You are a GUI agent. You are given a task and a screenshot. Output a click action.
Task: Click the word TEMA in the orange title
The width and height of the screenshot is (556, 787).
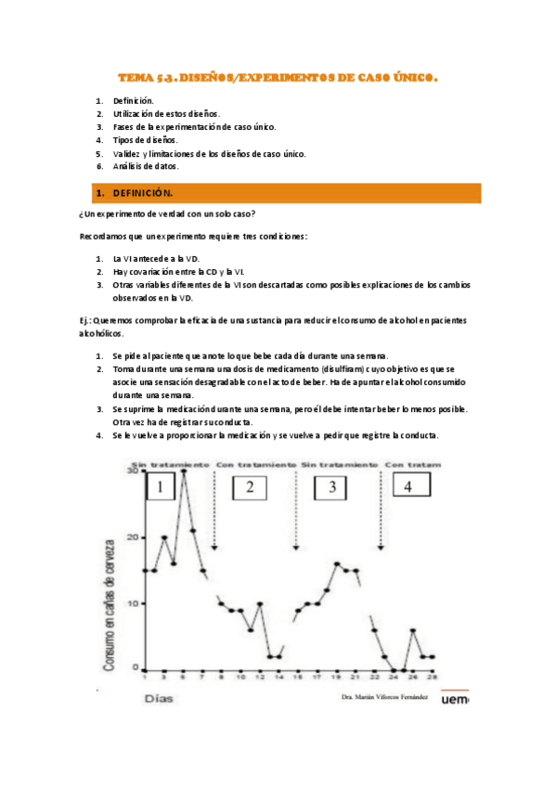136,80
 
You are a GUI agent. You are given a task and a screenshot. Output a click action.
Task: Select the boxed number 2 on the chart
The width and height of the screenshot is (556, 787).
249,488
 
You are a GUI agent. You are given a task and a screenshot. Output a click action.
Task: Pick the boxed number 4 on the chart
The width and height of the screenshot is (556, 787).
408,487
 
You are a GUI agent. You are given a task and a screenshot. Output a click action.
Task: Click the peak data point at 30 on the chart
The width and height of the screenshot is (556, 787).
184,471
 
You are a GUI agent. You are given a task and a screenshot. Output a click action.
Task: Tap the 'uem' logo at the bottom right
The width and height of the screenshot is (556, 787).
453,704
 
